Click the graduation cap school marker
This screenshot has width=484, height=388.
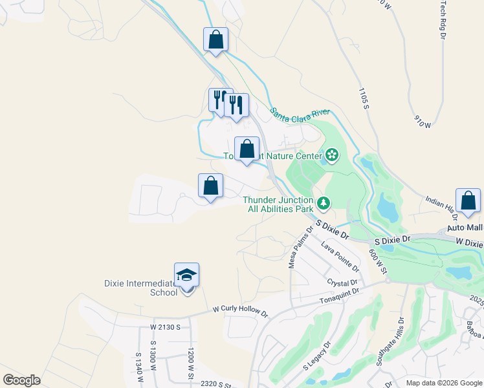(x=186, y=275)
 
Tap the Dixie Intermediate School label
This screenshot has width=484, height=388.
(x=140, y=288)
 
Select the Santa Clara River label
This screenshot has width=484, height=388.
(x=300, y=115)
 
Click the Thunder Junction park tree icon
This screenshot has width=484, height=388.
(x=324, y=204)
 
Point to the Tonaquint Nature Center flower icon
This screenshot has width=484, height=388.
(x=332, y=155)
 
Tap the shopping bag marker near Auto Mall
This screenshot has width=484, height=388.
(x=468, y=201)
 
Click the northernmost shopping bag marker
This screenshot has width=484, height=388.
(x=215, y=39)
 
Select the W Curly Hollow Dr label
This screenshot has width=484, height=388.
(x=240, y=312)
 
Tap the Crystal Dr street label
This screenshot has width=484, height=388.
(x=342, y=283)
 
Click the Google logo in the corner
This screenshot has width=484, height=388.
(x=21, y=380)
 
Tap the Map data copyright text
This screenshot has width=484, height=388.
(x=445, y=383)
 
